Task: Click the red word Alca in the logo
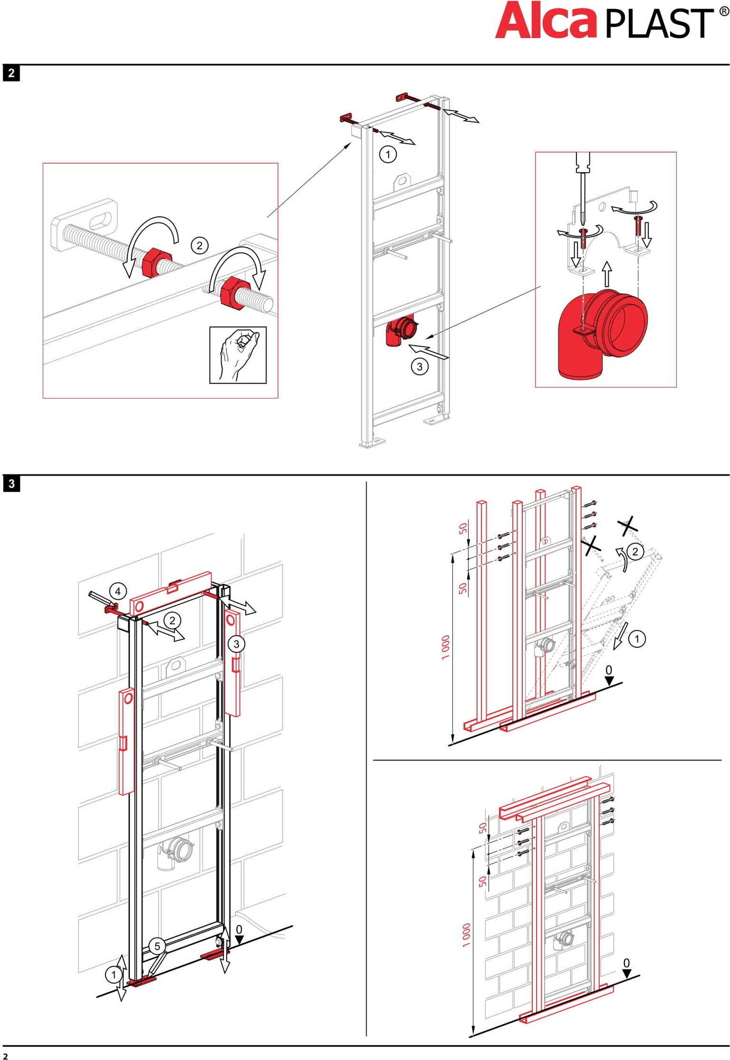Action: [546, 21]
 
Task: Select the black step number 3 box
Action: [11, 483]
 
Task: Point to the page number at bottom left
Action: [6, 1056]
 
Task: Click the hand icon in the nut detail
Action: [238, 355]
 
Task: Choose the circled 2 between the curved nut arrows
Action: [199, 245]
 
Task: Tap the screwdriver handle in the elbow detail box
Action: [583, 162]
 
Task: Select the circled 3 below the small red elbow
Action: [420, 366]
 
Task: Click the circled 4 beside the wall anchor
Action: [118, 591]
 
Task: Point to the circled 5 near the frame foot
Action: [157, 946]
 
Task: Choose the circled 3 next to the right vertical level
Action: [236, 644]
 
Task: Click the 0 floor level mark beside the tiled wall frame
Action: [239, 930]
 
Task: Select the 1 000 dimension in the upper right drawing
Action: [446, 647]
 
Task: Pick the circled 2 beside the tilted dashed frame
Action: [635, 552]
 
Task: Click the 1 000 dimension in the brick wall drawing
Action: [466, 935]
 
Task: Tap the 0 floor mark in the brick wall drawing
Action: [627, 963]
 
